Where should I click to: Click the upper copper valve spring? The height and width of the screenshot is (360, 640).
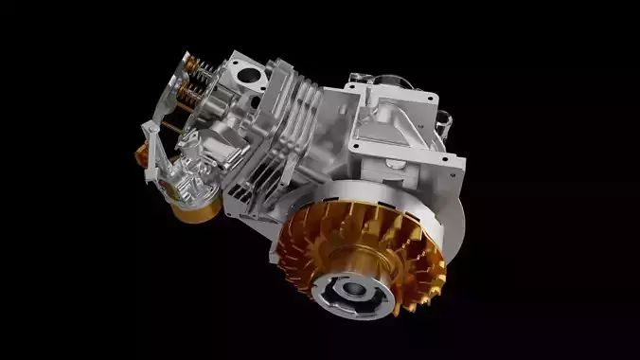[200, 67]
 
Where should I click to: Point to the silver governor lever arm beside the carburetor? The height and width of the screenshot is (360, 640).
[149, 152]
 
